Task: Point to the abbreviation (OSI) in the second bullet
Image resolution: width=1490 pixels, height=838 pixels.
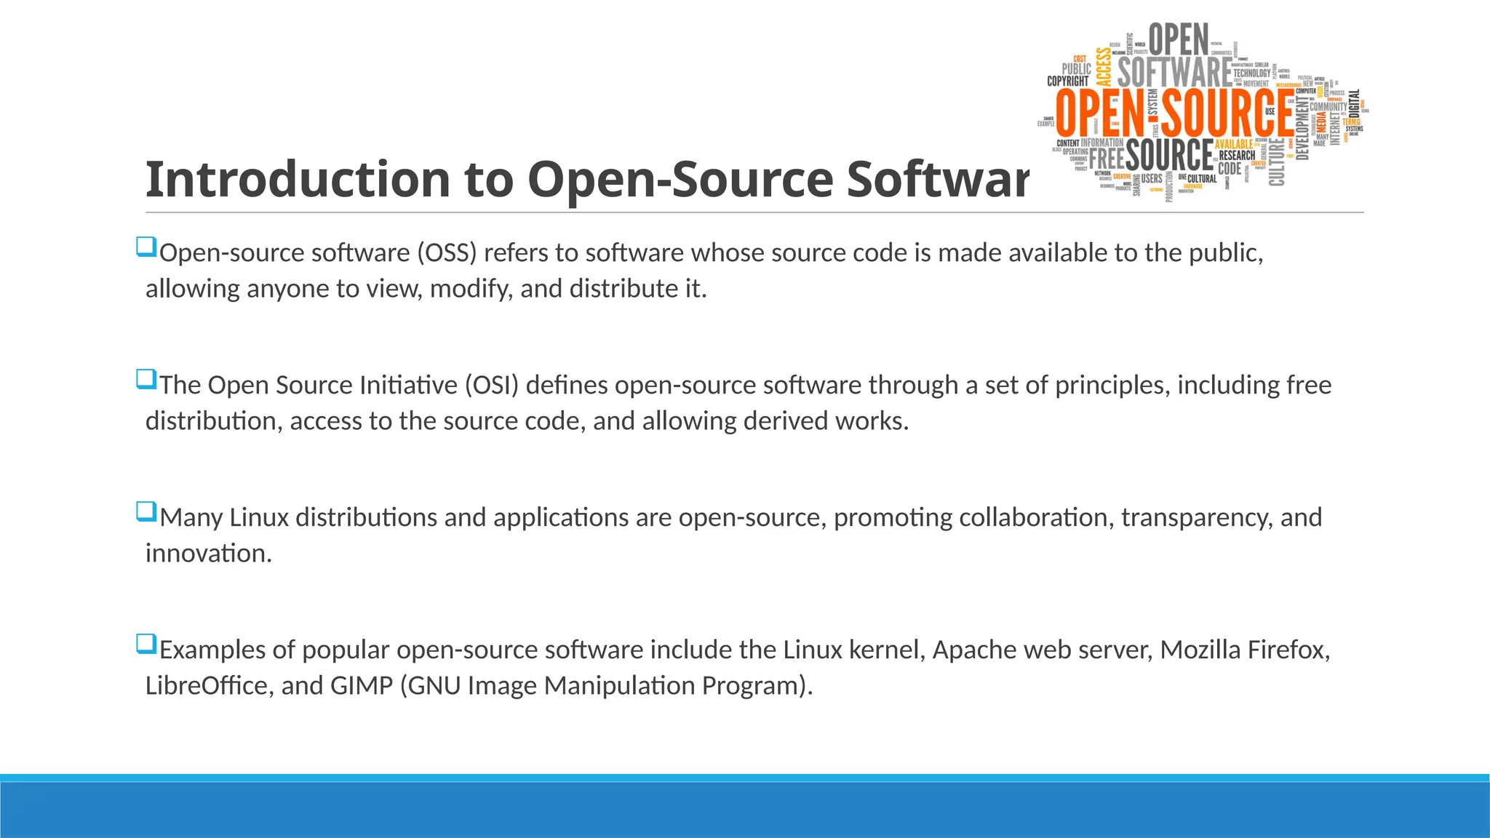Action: [492, 386]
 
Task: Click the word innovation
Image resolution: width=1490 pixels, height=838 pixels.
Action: [208, 554]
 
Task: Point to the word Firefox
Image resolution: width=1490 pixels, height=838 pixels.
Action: [1288, 650]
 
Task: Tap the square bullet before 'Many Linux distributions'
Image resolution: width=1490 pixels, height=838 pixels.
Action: [146, 512]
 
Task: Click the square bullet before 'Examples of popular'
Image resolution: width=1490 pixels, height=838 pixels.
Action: [146, 645]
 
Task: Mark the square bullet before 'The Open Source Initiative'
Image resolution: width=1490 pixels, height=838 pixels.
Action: [146, 380]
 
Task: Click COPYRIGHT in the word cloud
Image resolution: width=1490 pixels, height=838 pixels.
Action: [1067, 81]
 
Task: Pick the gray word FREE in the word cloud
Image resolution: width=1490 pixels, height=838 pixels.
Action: [1107, 157]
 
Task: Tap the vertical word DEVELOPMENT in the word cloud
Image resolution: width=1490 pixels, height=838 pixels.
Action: [1302, 129]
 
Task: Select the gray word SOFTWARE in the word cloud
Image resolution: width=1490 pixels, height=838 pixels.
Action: [1174, 73]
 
